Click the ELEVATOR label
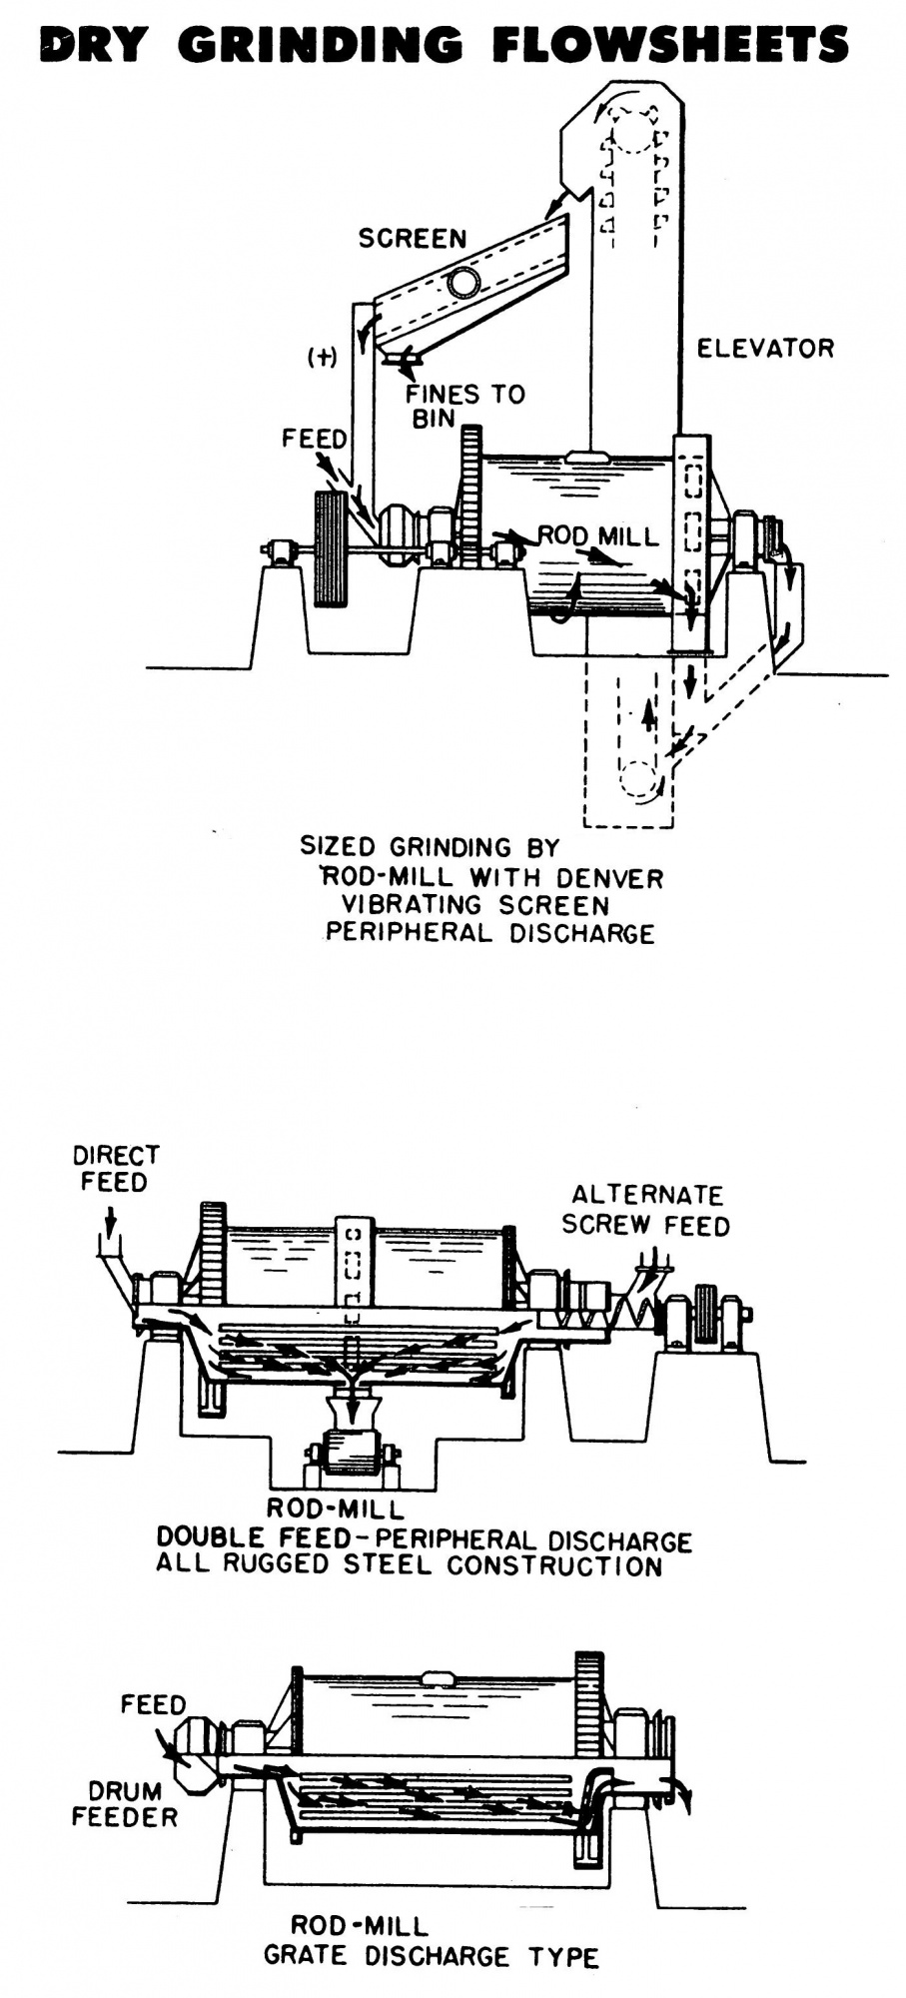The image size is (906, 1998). [764, 349]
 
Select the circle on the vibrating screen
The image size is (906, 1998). [462, 283]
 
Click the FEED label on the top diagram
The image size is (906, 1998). [314, 440]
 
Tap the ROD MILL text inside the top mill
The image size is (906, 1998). [598, 536]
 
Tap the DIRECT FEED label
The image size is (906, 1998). [115, 1169]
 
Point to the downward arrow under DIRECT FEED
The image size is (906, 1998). [110, 1219]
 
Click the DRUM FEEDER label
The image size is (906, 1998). [124, 1803]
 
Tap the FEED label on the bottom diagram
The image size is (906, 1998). [153, 1704]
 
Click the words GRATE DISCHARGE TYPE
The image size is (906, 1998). [431, 1956]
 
